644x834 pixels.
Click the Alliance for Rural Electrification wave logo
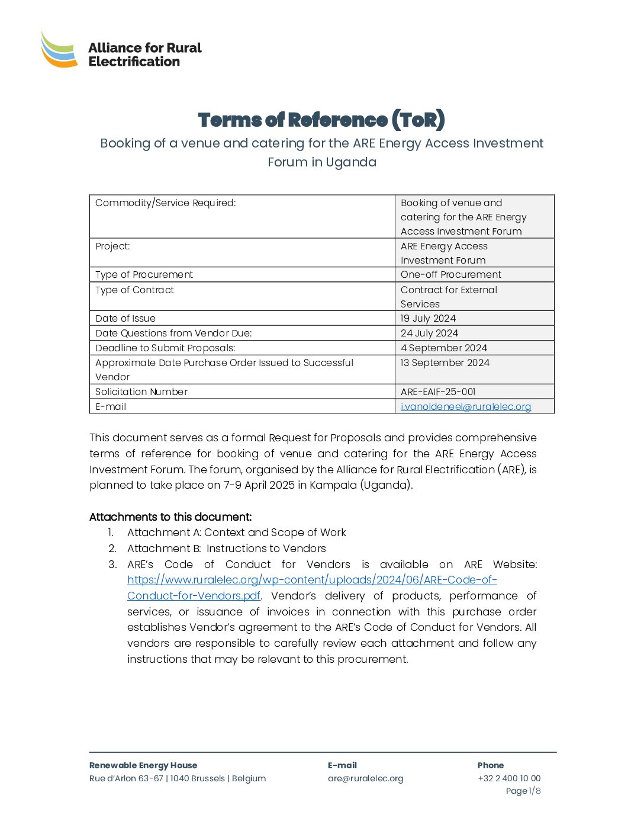(59, 50)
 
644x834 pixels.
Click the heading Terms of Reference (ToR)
(321, 120)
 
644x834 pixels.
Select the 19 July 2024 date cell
(428, 318)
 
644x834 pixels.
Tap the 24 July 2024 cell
(429, 333)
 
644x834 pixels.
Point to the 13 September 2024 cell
(445, 363)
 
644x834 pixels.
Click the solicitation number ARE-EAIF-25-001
(438, 392)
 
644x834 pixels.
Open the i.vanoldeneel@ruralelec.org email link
(466, 406)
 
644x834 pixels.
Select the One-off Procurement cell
(450, 274)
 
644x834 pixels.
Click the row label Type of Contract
(135, 290)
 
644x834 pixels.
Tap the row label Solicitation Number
(141, 392)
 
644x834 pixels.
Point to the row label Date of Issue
(125, 318)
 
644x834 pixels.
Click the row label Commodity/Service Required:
(166, 203)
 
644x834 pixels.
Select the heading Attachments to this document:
(170, 517)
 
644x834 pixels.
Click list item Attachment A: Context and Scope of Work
(237, 533)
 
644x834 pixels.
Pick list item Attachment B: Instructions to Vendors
(227, 548)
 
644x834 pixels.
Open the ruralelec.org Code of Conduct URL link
(312, 580)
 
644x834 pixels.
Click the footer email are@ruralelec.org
(366, 778)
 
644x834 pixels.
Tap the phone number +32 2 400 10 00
(509, 778)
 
